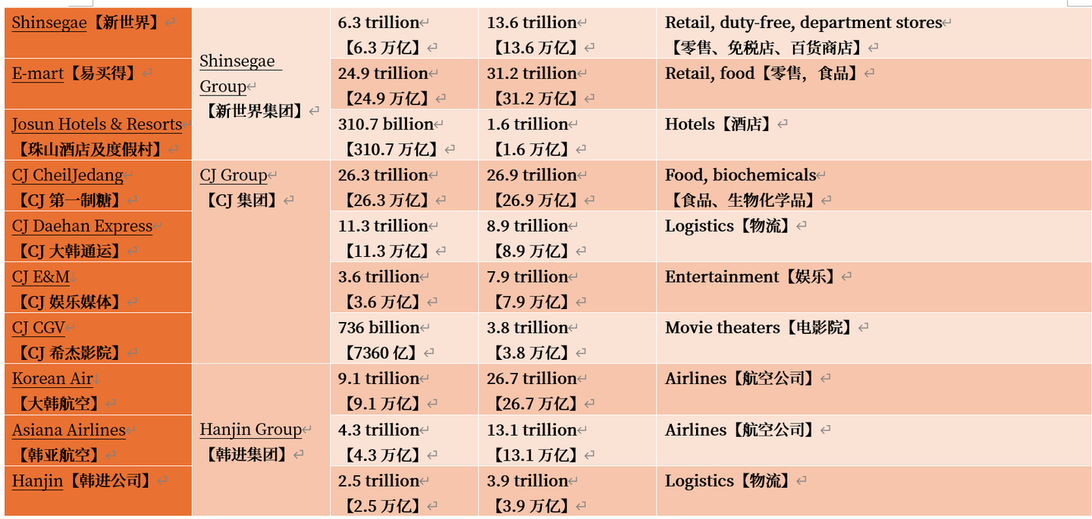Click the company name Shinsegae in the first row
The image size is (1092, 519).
49,23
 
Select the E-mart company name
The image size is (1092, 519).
38,73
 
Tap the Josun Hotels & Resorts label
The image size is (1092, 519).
97,124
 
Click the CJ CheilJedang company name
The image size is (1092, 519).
67,175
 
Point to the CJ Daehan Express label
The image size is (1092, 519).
83,226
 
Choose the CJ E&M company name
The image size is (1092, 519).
41,277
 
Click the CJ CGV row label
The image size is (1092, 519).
38,327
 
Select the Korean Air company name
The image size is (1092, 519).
52,378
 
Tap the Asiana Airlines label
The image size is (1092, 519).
69,430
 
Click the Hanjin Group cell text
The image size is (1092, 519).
251,430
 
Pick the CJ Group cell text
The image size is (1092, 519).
234,175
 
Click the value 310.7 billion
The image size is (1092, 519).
385,124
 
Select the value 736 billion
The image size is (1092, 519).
378,327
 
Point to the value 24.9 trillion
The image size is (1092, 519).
383,73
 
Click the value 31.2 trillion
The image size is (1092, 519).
532,73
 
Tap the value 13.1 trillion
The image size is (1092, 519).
532,430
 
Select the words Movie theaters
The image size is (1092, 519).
722,327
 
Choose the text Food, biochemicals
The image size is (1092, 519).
740,175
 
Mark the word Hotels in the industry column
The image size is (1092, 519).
689,124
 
